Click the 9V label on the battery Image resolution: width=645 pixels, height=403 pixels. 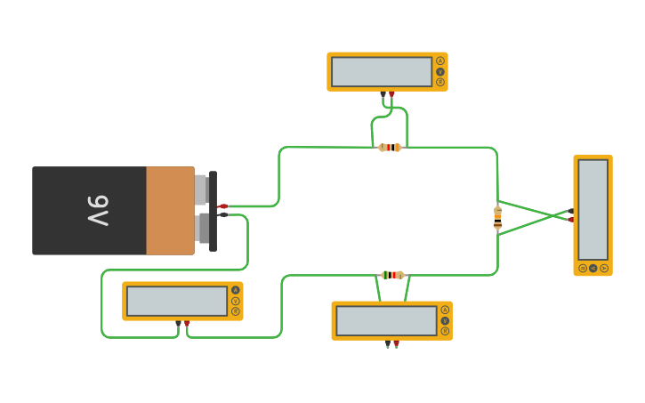pyautogui.click(x=98, y=211)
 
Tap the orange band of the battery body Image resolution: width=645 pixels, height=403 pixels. pyautogui.click(x=170, y=211)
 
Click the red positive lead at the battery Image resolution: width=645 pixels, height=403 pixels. pyautogui.click(x=222, y=206)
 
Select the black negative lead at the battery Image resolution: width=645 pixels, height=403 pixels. pyautogui.click(x=222, y=214)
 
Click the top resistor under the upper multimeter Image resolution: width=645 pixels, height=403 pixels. pyautogui.click(x=390, y=148)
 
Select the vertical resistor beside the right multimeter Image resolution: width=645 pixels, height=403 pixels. pyautogui.click(x=497, y=217)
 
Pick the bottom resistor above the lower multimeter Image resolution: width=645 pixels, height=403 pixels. pyautogui.click(x=392, y=275)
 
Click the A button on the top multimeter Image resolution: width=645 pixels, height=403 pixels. pyautogui.click(x=439, y=61)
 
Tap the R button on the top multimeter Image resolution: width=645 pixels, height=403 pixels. pyautogui.click(x=439, y=82)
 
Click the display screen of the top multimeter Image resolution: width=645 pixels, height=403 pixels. pyautogui.click(x=382, y=72)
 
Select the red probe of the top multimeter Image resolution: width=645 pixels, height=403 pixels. pyautogui.click(x=391, y=93)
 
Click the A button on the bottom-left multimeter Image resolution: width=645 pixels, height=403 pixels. pyautogui.click(x=235, y=290)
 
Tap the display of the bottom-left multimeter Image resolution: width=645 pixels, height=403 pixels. pyautogui.click(x=177, y=301)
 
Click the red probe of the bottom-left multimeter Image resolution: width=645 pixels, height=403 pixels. pyautogui.click(x=187, y=324)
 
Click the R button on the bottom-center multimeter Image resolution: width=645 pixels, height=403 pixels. pyautogui.click(x=444, y=330)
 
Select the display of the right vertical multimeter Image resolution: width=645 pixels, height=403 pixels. pyautogui.click(x=593, y=210)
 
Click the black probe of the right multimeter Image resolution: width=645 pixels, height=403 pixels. pyautogui.click(x=570, y=211)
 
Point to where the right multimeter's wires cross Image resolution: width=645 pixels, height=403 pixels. pyautogui.click(x=551, y=215)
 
